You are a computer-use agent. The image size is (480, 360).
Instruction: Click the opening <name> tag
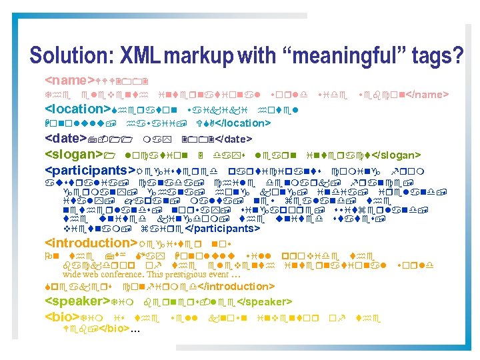[x=71, y=77]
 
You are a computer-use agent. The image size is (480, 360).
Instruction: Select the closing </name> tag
[x=427, y=93]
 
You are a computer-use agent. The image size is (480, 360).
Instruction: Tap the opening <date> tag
[x=67, y=139]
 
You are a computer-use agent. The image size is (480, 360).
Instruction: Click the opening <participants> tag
[x=89, y=170]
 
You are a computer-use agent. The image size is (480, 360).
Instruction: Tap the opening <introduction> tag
[x=90, y=242]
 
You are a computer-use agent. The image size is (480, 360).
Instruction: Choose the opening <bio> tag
[x=61, y=317]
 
